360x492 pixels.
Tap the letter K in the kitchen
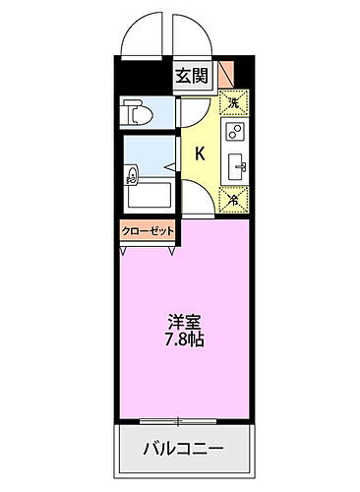click(200, 153)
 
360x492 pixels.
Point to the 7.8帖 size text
click(183, 339)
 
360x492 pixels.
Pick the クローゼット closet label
click(148, 230)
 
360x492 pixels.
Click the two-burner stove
click(236, 133)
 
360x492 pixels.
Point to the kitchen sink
click(238, 165)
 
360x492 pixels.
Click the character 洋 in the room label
click(172, 321)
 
